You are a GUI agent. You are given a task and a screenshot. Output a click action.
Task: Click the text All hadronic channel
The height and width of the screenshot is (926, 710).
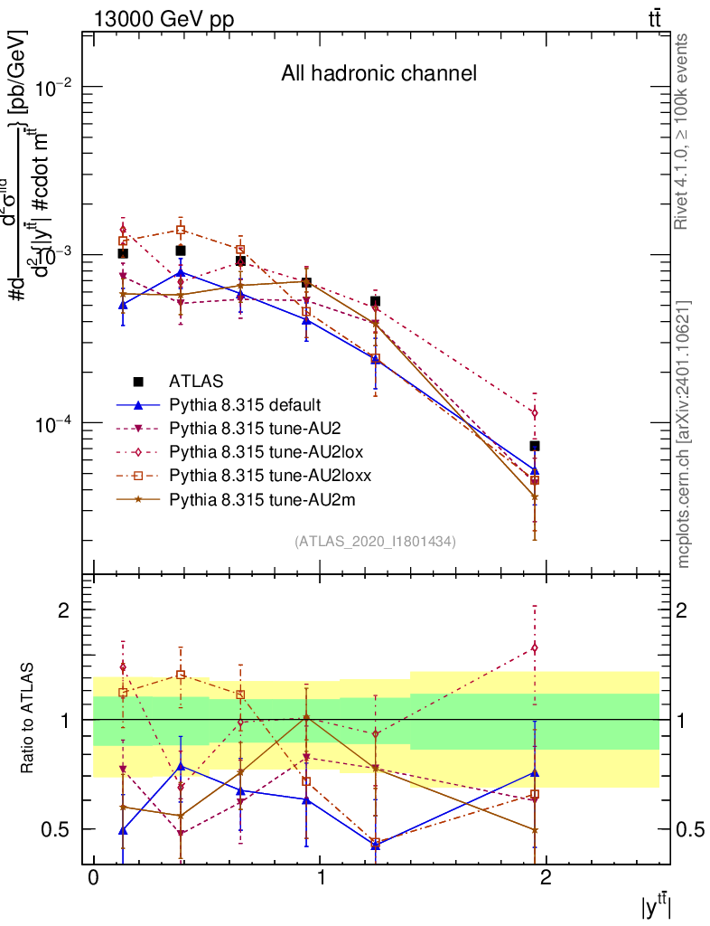coord(378,73)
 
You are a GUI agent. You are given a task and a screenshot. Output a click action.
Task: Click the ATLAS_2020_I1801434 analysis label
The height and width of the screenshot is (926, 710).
coord(375,541)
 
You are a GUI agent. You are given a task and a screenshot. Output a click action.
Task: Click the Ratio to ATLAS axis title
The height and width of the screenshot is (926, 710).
coord(28,720)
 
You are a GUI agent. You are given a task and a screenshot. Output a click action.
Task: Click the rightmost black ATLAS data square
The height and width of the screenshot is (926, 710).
coord(535,446)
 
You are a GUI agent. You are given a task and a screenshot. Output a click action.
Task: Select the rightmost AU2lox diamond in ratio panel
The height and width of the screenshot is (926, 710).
coord(535,647)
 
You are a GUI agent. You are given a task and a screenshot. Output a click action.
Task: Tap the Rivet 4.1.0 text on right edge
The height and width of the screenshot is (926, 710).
coord(684,131)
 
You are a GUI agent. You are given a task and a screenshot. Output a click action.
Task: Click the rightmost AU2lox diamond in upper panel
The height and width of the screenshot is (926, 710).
coord(535,413)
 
